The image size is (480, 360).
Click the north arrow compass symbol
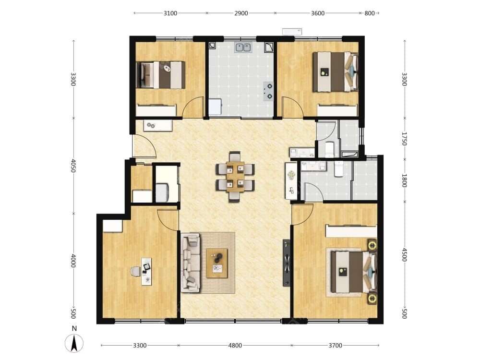pyautogui.click(x=74, y=343)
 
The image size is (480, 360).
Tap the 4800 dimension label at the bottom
pyautogui.click(x=235, y=345)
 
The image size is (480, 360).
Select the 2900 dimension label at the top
pyautogui.click(x=241, y=13)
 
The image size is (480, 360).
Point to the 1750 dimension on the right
pyautogui.click(x=404, y=139)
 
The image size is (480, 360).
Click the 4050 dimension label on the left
pyautogui.click(x=73, y=165)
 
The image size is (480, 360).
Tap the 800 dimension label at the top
pyautogui.click(x=370, y=13)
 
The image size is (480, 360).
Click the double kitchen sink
pyautogui.click(x=243, y=48)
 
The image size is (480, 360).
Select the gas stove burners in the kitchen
pyautogui.click(x=268, y=91)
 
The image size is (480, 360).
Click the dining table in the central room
pyautogui.click(x=235, y=177)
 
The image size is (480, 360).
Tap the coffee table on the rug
pyautogui.click(x=217, y=263)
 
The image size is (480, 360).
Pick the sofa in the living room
pyautogui.click(x=191, y=263)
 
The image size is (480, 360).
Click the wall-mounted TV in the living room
pyautogui.click(x=286, y=263)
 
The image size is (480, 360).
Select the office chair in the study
pyautogui.click(x=136, y=271)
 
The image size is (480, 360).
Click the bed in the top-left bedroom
pyautogui.click(x=160, y=75)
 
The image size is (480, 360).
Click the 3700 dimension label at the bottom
pyautogui.click(x=335, y=345)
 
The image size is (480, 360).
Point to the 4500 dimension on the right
pyautogui.click(x=404, y=255)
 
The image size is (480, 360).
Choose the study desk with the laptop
pyautogui.click(x=146, y=272)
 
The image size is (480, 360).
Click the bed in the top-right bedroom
pyautogui.click(x=335, y=72)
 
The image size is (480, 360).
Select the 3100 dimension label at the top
pyautogui.click(x=170, y=13)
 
